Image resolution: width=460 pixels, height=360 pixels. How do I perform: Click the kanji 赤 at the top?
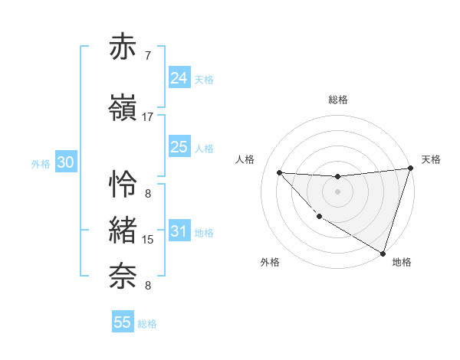tap(123, 47)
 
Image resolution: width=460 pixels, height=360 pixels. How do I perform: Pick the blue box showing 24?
tap(179, 77)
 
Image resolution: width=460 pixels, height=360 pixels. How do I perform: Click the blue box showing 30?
tap(65, 162)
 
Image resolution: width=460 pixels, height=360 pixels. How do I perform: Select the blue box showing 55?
tap(123, 322)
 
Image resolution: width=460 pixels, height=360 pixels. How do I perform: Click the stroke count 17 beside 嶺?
tap(148, 117)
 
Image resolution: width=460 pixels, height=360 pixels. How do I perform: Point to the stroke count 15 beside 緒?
tap(148, 240)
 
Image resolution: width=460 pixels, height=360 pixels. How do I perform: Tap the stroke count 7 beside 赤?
tap(148, 56)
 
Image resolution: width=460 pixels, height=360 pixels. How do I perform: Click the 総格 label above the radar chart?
tap(338, 100)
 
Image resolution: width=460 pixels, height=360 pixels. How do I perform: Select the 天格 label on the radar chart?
tap(432, 159)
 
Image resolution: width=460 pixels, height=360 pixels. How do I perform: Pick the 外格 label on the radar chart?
tap(270, 262)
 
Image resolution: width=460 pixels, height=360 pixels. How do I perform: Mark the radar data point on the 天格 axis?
tap(410, 169)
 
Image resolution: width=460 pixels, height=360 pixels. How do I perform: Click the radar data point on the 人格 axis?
tap(279, 172)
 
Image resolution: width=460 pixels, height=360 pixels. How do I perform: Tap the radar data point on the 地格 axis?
tap(383, 253)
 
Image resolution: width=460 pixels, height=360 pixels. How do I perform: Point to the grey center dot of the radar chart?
tap(337, 191)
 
